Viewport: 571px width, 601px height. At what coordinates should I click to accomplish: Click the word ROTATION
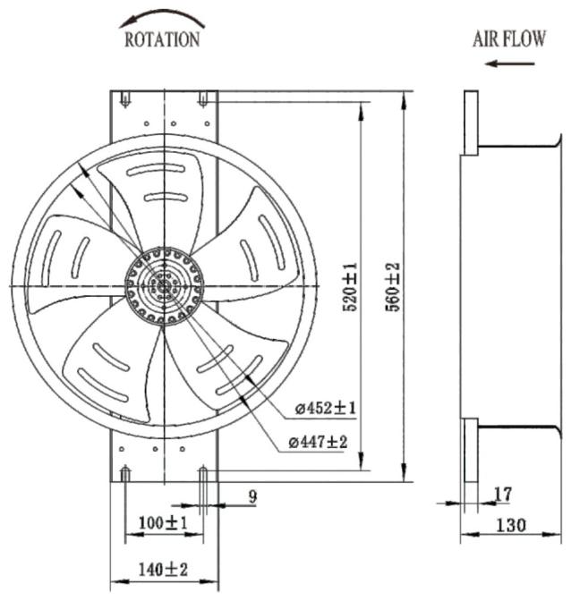pyautogui.click(x=162, y=39)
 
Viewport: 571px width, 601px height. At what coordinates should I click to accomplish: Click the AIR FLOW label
pyautogui.click(x=509, y=38)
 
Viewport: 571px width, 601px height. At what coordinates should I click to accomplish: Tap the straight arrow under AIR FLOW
pyautogui.click(x=509, y=63)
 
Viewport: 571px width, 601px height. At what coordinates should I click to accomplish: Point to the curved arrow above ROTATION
pyautogui.click(x=162, y=18)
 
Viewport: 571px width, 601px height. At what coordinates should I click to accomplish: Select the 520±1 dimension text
pyautogui.click(x=350, y=287)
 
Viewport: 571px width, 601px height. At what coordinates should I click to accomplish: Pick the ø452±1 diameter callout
pyautogui.click(x=326, y=408)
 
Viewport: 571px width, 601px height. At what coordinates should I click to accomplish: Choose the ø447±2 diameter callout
pyautogui.click(x=319, y=443)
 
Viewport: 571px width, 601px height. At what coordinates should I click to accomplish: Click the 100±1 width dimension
pyautogui.click(x=164, y=522)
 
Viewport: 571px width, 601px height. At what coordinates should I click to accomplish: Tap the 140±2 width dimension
pyautogui.click(x=164, y=570)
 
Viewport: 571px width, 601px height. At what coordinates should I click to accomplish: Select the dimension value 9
pyautogui.click(x=252, y=496)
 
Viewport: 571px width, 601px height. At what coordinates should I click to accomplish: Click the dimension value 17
pyautogui.click(x=503, y=495)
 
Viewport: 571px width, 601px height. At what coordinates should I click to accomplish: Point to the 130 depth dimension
pyautogui.click(x=511, y=525)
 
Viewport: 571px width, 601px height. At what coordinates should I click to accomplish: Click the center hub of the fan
pyautogui.click(x=164, y=286)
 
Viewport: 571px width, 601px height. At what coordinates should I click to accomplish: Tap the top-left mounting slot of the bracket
pyautogui.click(x=125, y=98)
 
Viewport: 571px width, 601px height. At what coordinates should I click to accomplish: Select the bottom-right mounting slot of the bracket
pyautogui.click(x=203, y=474)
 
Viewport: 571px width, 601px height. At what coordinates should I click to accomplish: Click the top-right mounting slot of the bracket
pyautogui.click(x=203, y=98)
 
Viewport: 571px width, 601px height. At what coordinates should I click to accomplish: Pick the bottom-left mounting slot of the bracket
pyautogui.click(x=125, y=474)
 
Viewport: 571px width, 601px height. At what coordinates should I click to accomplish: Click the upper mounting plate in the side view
pyautogui.click(x=471, y=123)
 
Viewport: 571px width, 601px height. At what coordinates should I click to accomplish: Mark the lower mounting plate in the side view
pyautogui.click(x=471, y=450)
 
